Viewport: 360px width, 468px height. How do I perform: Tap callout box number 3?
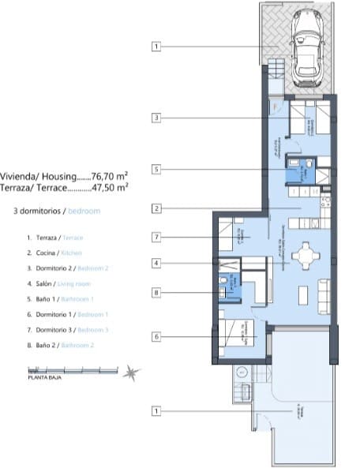[x=156, y=118]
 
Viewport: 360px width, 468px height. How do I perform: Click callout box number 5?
[x=156, y=169]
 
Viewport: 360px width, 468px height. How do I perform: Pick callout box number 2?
[x=156, y=209]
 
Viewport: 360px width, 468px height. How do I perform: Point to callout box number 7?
[x=156, y=236]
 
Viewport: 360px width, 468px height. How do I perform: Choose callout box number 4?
[x=156, y=263]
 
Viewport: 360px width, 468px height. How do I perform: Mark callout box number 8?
[x=156, y=293]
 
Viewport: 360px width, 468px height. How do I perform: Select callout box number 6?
[x=156, y=336]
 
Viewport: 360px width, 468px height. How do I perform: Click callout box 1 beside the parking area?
[x=156, y=47]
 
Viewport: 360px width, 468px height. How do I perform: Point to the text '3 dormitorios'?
[x=39, y=212]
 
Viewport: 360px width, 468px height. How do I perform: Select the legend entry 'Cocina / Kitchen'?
[x=54, y=253]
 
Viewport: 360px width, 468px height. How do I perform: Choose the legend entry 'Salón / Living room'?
[x=58, y=283]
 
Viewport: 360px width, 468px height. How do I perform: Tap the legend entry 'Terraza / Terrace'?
[x=54, y=238]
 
